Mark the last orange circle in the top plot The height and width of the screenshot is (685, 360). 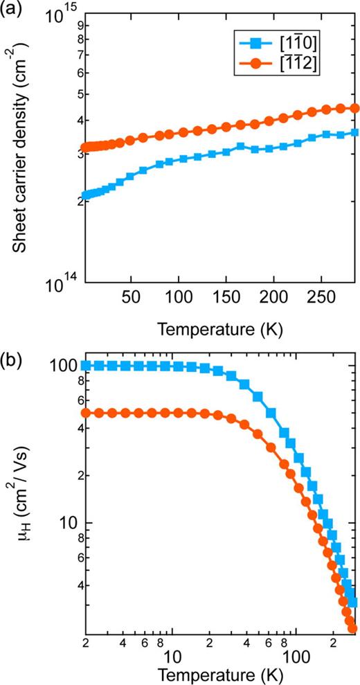click(354, 108)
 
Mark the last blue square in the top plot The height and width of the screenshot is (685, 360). click(354, 132)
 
